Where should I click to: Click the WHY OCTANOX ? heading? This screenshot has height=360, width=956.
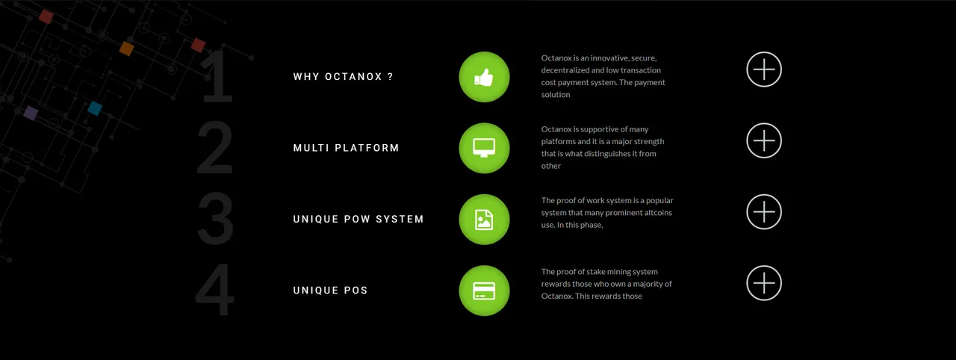tap(343, 77)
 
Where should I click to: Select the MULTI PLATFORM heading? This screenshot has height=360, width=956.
tap(346, 148)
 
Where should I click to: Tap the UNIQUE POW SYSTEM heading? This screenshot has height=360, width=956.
tap(358, 220)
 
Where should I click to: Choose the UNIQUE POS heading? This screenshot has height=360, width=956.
tap(330, 291)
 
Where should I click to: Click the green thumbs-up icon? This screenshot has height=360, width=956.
tap(484, 77)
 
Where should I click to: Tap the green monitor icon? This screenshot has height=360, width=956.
tap(484, 149)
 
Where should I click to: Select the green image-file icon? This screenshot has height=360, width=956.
tap(484, 220)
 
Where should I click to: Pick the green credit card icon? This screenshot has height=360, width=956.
tap(484, 291)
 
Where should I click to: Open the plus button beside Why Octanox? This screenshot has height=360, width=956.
tap(764, 69)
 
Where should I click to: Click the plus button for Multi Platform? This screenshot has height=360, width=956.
tap(764, 140)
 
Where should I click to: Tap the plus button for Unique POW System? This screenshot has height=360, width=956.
tap(764, 212)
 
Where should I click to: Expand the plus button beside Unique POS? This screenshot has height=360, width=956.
tap(764, 283)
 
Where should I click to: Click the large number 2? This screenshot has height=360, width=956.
tap(215, 148)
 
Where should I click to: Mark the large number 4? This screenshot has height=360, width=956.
tap(214, 290)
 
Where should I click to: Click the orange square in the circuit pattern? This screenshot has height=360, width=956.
tap(126, 49)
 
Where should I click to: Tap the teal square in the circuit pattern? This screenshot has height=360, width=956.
tap(95, 108)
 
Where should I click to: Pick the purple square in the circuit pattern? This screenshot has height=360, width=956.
tap(31, 113)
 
